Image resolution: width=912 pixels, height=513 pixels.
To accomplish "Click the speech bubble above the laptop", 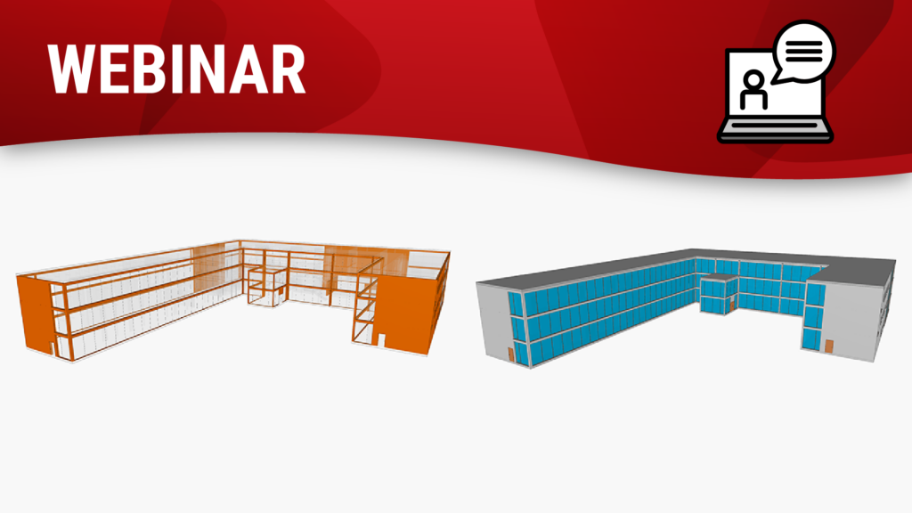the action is click(x=803, y=51).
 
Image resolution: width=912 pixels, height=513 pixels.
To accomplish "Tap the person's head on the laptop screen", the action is click(x=753, y=79).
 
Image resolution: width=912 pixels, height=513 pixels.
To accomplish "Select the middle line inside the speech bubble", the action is click(x=804, y=51).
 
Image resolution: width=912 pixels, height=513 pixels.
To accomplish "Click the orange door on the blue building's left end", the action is click(x=510, y=354).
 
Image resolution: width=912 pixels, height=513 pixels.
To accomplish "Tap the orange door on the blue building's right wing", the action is click(x=828, y=346).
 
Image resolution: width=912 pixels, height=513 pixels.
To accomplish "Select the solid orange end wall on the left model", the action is click(x=36, y=314).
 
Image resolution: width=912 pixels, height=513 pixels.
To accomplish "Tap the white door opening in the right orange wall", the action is click(x=382, y=341).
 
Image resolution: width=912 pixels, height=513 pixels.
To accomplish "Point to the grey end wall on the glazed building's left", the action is click(x=495, y=321).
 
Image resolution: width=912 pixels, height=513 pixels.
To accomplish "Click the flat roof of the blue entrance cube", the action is click(x=719, y=279).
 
